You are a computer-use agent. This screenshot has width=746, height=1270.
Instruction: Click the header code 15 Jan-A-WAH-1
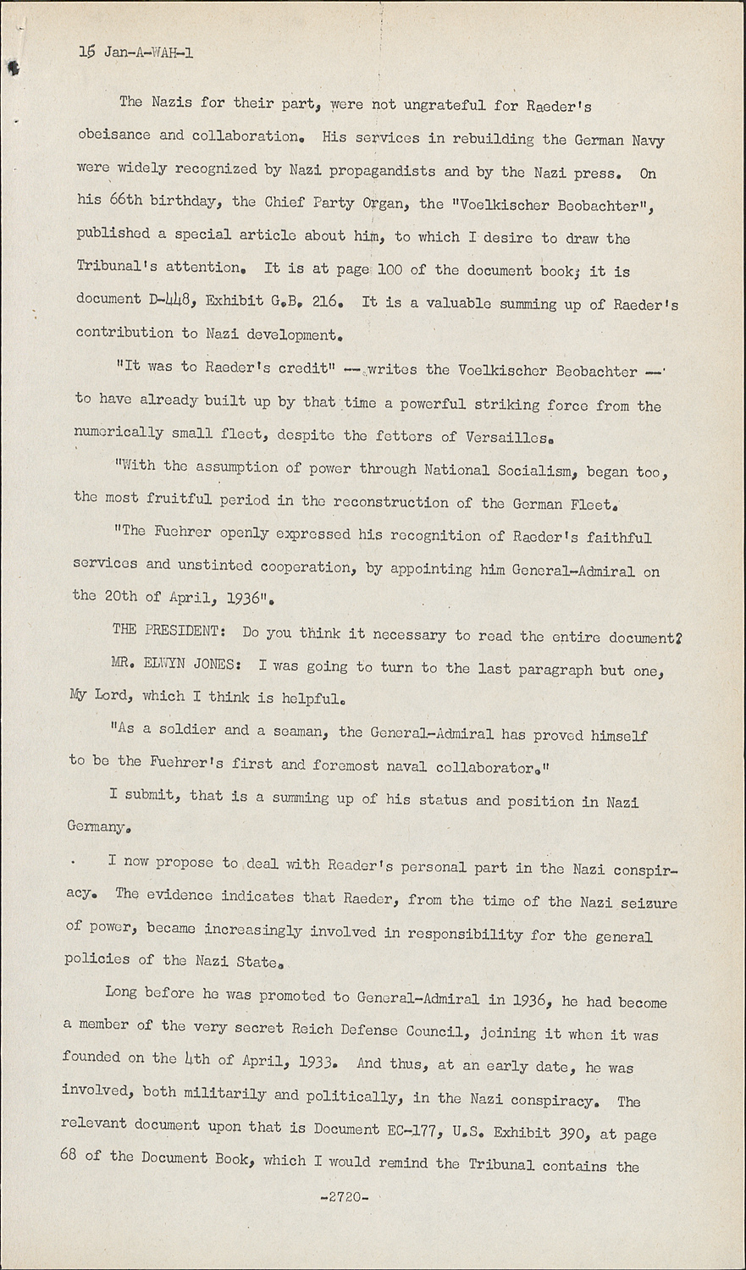tap(136, 52)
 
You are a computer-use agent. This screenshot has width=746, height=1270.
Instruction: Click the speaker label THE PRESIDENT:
tap(169, 632)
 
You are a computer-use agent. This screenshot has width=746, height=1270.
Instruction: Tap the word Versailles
tap(510, 437)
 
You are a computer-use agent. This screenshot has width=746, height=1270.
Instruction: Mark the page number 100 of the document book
tap(390, 271)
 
